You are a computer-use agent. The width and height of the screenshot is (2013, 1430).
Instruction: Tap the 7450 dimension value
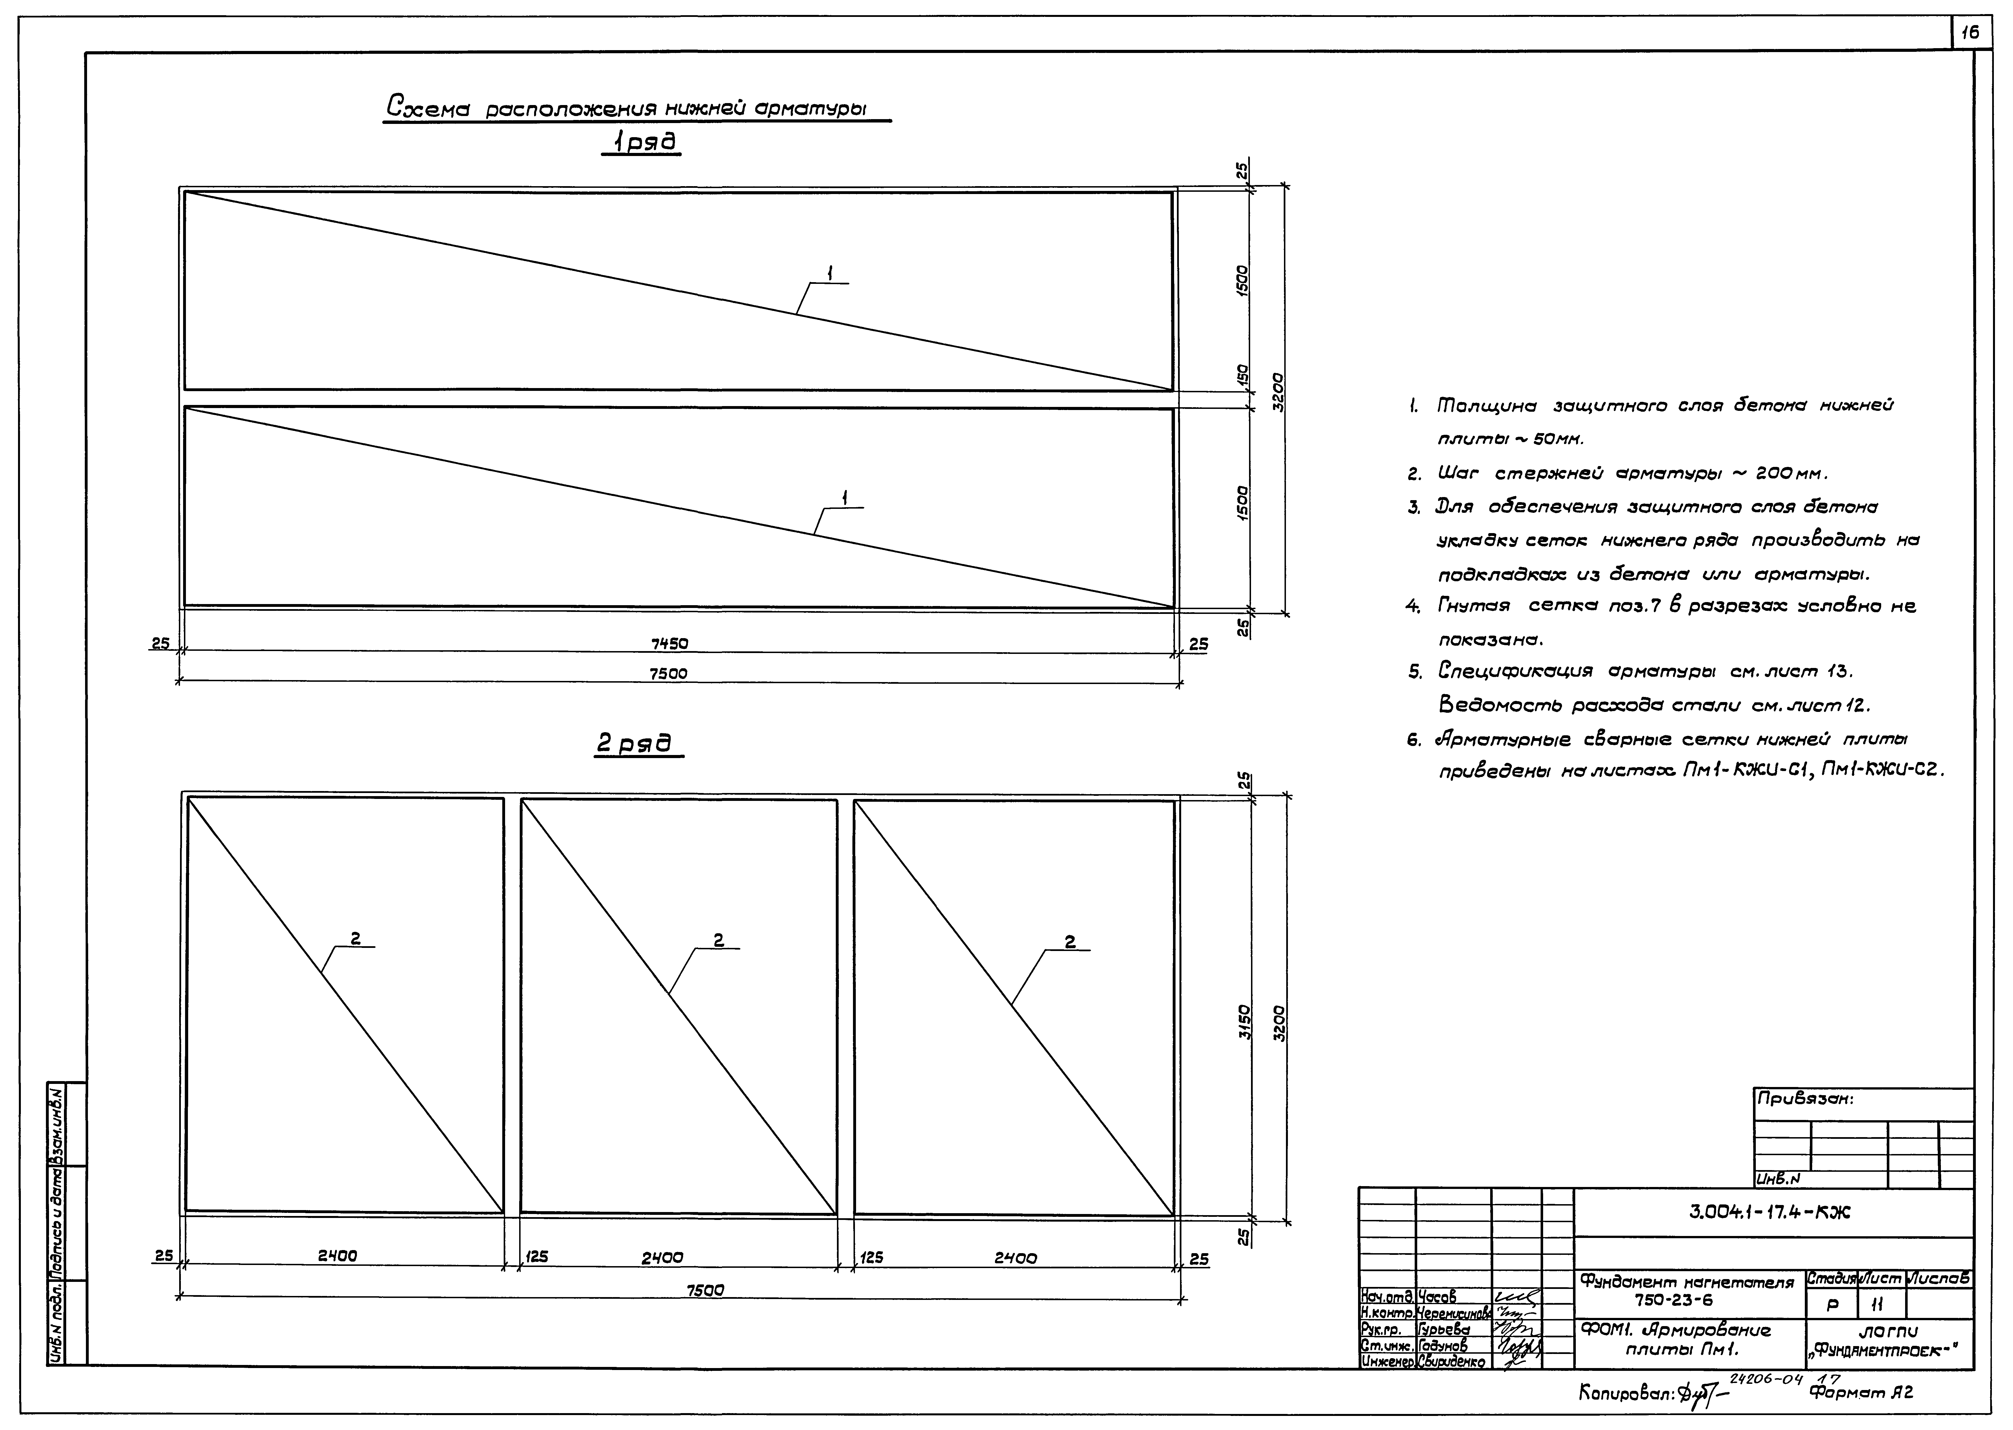coord(669,644)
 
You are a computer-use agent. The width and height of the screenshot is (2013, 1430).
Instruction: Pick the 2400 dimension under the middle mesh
coord(662,1257)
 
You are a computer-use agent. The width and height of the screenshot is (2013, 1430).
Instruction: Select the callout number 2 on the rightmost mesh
coord(1070,941)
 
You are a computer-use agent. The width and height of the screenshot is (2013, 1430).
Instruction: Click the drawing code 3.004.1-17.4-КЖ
coord(1770,1212)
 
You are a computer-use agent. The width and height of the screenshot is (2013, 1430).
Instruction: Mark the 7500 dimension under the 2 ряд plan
coord(705,1289)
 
